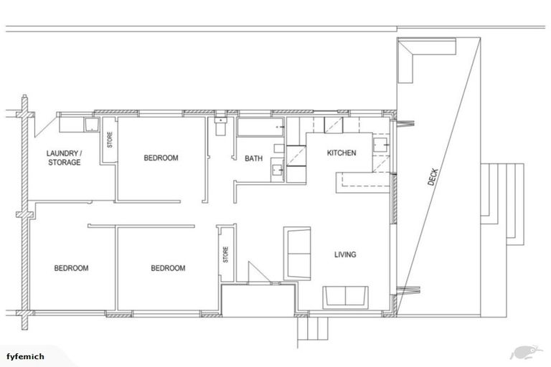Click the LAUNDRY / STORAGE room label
click(63, 158)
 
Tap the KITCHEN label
click(342, 153)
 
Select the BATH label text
click(253, 158)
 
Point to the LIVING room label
click(345, 254)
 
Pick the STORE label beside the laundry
click(110, 139)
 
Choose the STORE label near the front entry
click(225, 254)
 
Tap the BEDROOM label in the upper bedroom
click(161, 158)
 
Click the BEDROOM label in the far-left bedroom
click(71, 268)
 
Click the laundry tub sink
click(92, 125)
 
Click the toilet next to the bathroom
click(220, 127)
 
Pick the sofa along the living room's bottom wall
click(345, 296)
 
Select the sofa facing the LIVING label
click(296, 254)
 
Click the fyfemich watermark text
click(26, 356)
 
